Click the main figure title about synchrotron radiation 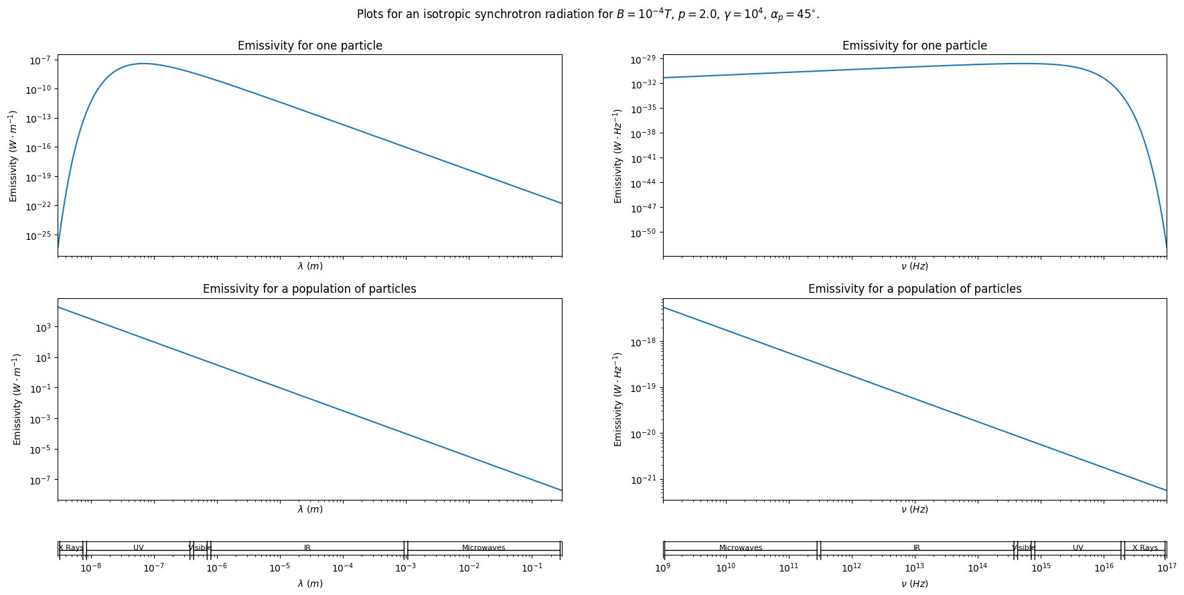tap(587, 15)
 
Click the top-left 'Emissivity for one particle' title tap(309, 46)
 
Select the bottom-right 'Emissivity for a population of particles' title tap(914, 289)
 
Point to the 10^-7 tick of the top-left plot tap(40, 60)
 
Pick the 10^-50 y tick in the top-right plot tap(645, 233)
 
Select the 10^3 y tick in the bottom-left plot tap(42, 327)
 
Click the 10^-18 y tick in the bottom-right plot tap(645, 342)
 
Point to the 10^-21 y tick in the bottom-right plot tap(645, 480)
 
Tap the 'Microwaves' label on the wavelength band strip tap(484, 548)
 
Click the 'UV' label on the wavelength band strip tap(138, 548)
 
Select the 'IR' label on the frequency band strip tap(916, 548)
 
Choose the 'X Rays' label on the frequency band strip tap(1144, 548)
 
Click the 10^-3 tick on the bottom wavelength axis tap(405, 568)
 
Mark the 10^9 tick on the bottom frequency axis tap(663, 568)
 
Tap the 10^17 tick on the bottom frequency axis tap(1166, 568)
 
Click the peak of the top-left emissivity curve tap(142, 64)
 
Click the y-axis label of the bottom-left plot tap(17, 399)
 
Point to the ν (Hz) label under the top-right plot tap(914, 266)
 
